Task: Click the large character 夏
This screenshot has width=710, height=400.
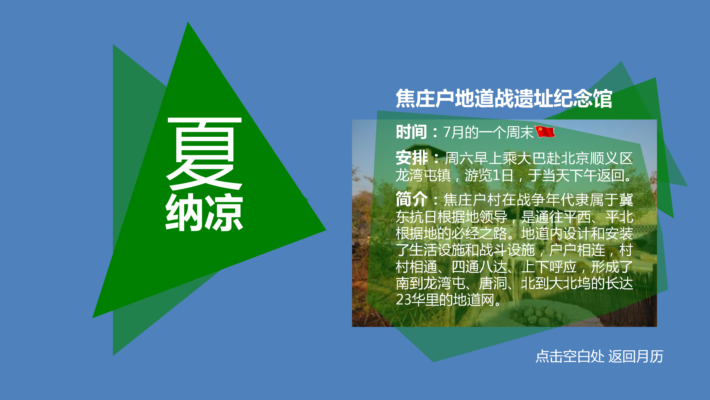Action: click(204, 153)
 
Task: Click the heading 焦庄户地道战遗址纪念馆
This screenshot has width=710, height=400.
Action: click(504, 99)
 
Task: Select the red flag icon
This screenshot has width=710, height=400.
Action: click(545, 132)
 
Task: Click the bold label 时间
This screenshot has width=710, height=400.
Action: click(411, 132)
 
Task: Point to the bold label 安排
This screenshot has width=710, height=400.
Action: click(412, 158)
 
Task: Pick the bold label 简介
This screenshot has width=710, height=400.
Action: click(412, 199)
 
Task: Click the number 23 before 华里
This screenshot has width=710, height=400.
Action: click(404, 300)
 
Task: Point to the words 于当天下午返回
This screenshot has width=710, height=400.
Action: click(576, 176)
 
